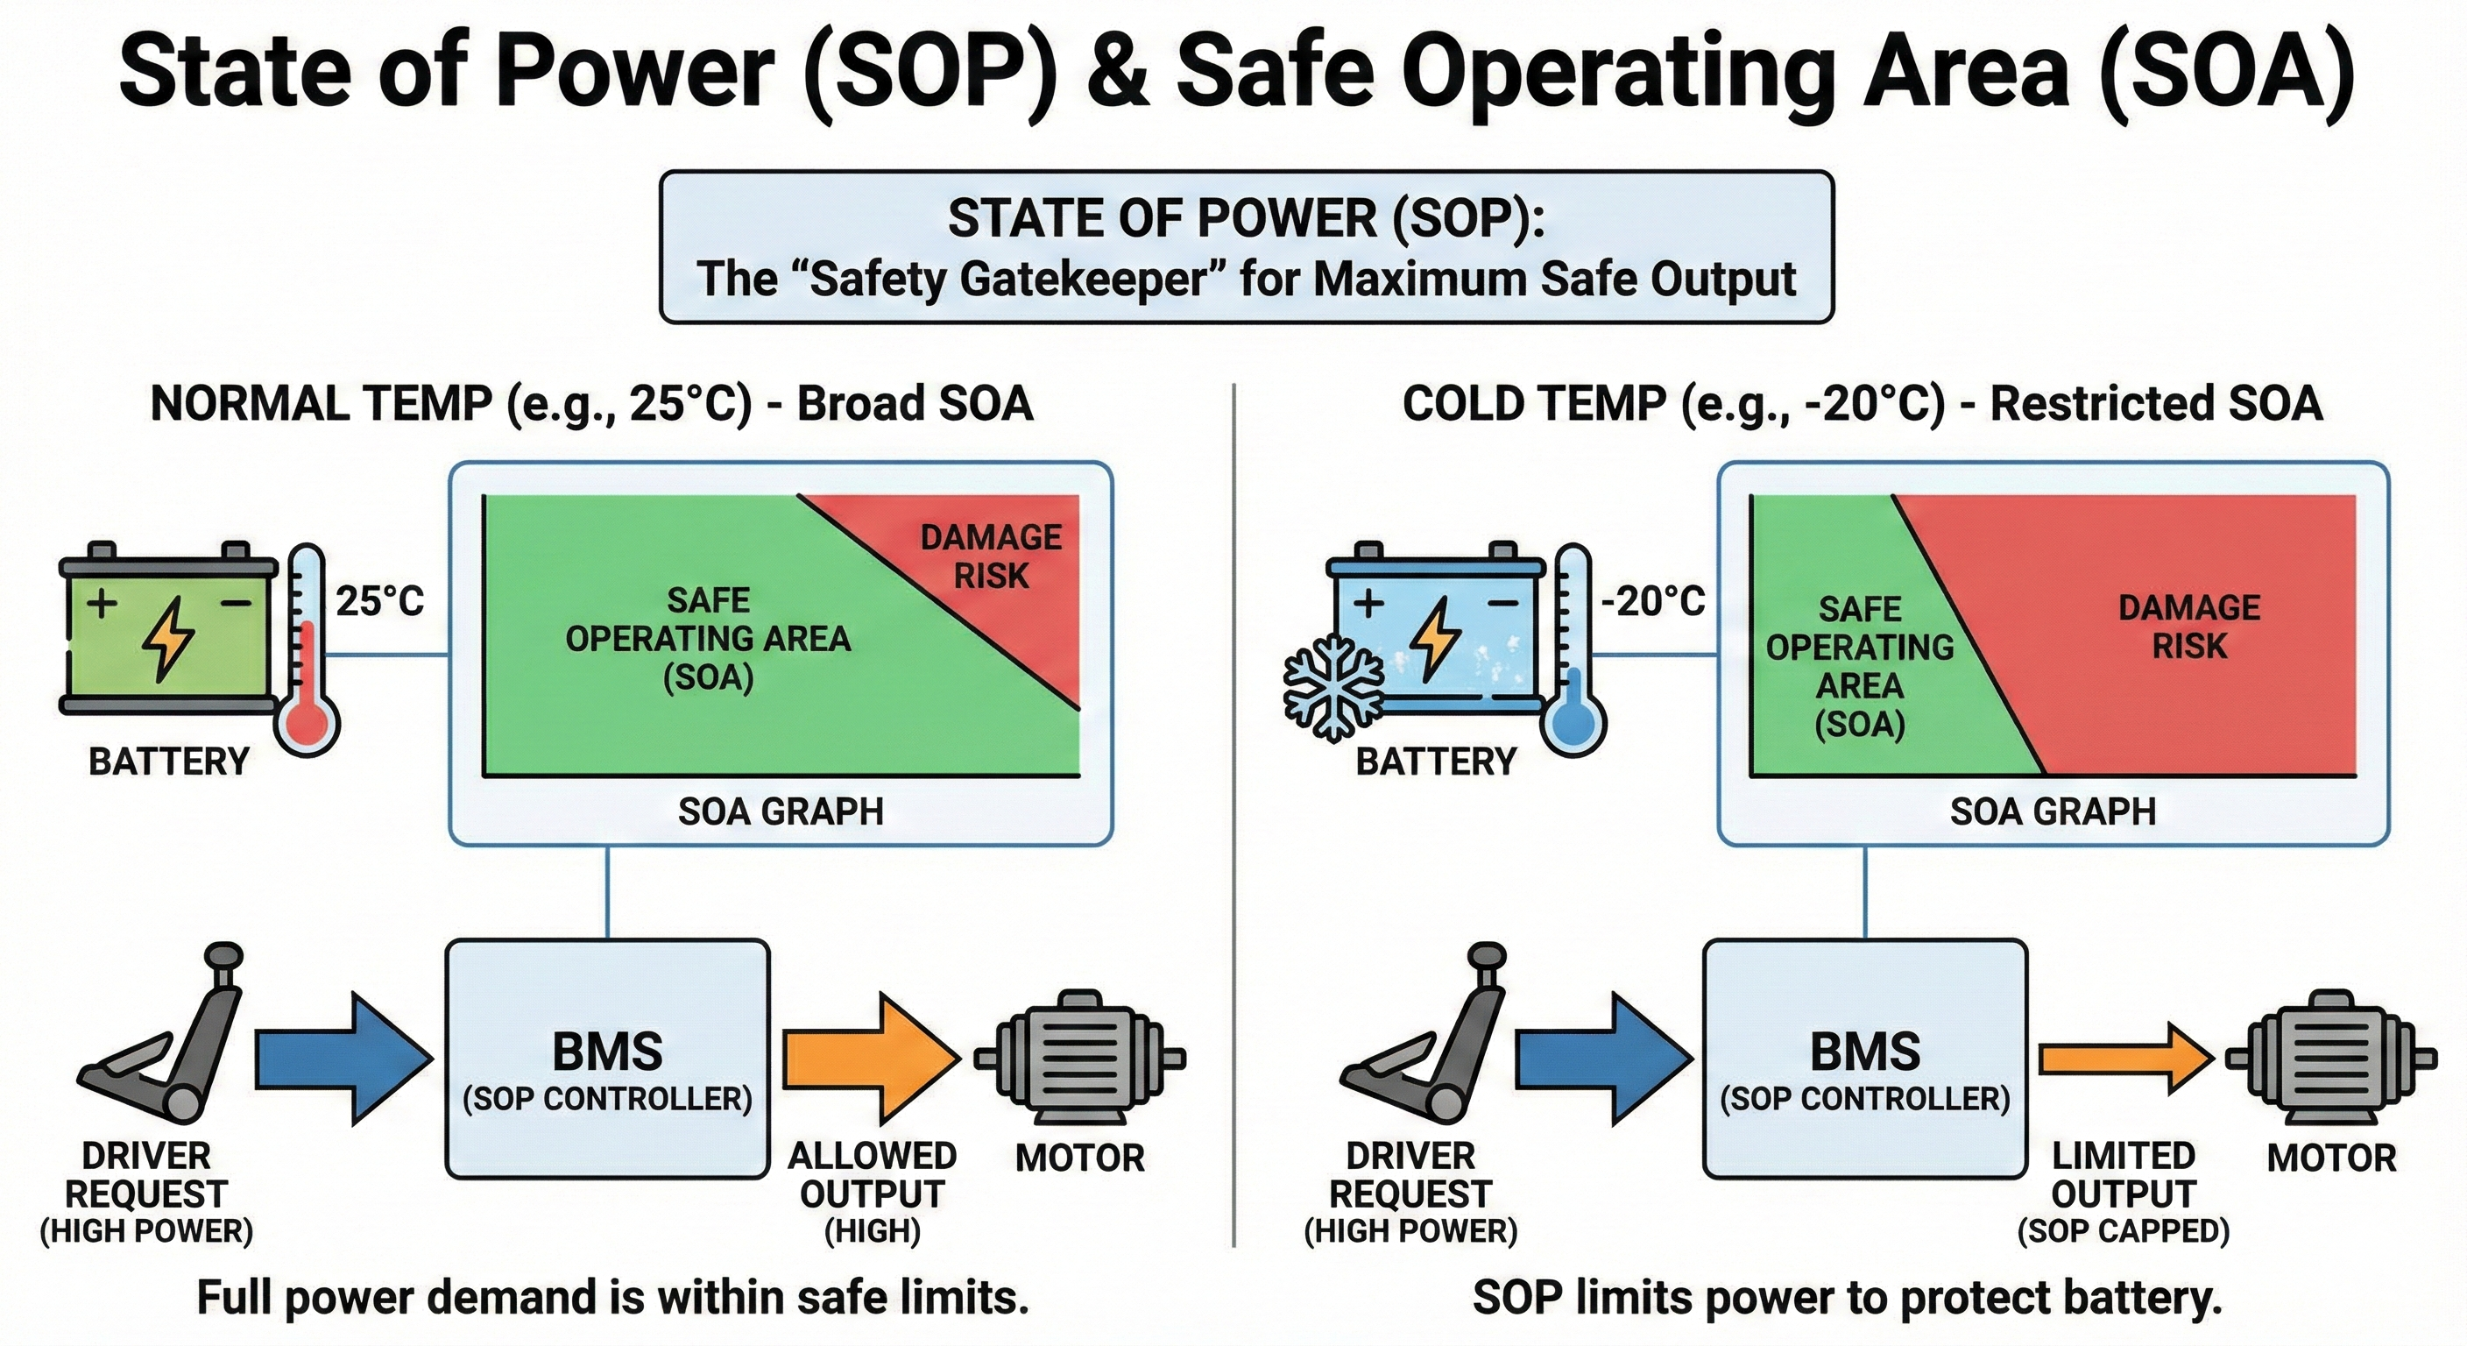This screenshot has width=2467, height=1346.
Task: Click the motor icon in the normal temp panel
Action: (x=1080, y=1059)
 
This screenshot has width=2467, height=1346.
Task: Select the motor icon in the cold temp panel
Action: (x=2331, y=1059)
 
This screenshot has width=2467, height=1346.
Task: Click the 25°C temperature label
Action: (x=379, y=602)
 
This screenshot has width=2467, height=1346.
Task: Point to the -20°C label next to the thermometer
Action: (x=1654, y=602)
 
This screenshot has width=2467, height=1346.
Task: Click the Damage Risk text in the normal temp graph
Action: (x=991, y=556)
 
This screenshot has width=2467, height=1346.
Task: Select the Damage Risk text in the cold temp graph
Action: (x=2189, y=627)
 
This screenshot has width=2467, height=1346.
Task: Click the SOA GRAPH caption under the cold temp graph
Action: (x=2053, y=811)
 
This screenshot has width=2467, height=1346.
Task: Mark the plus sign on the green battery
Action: (x=102, y=604)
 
